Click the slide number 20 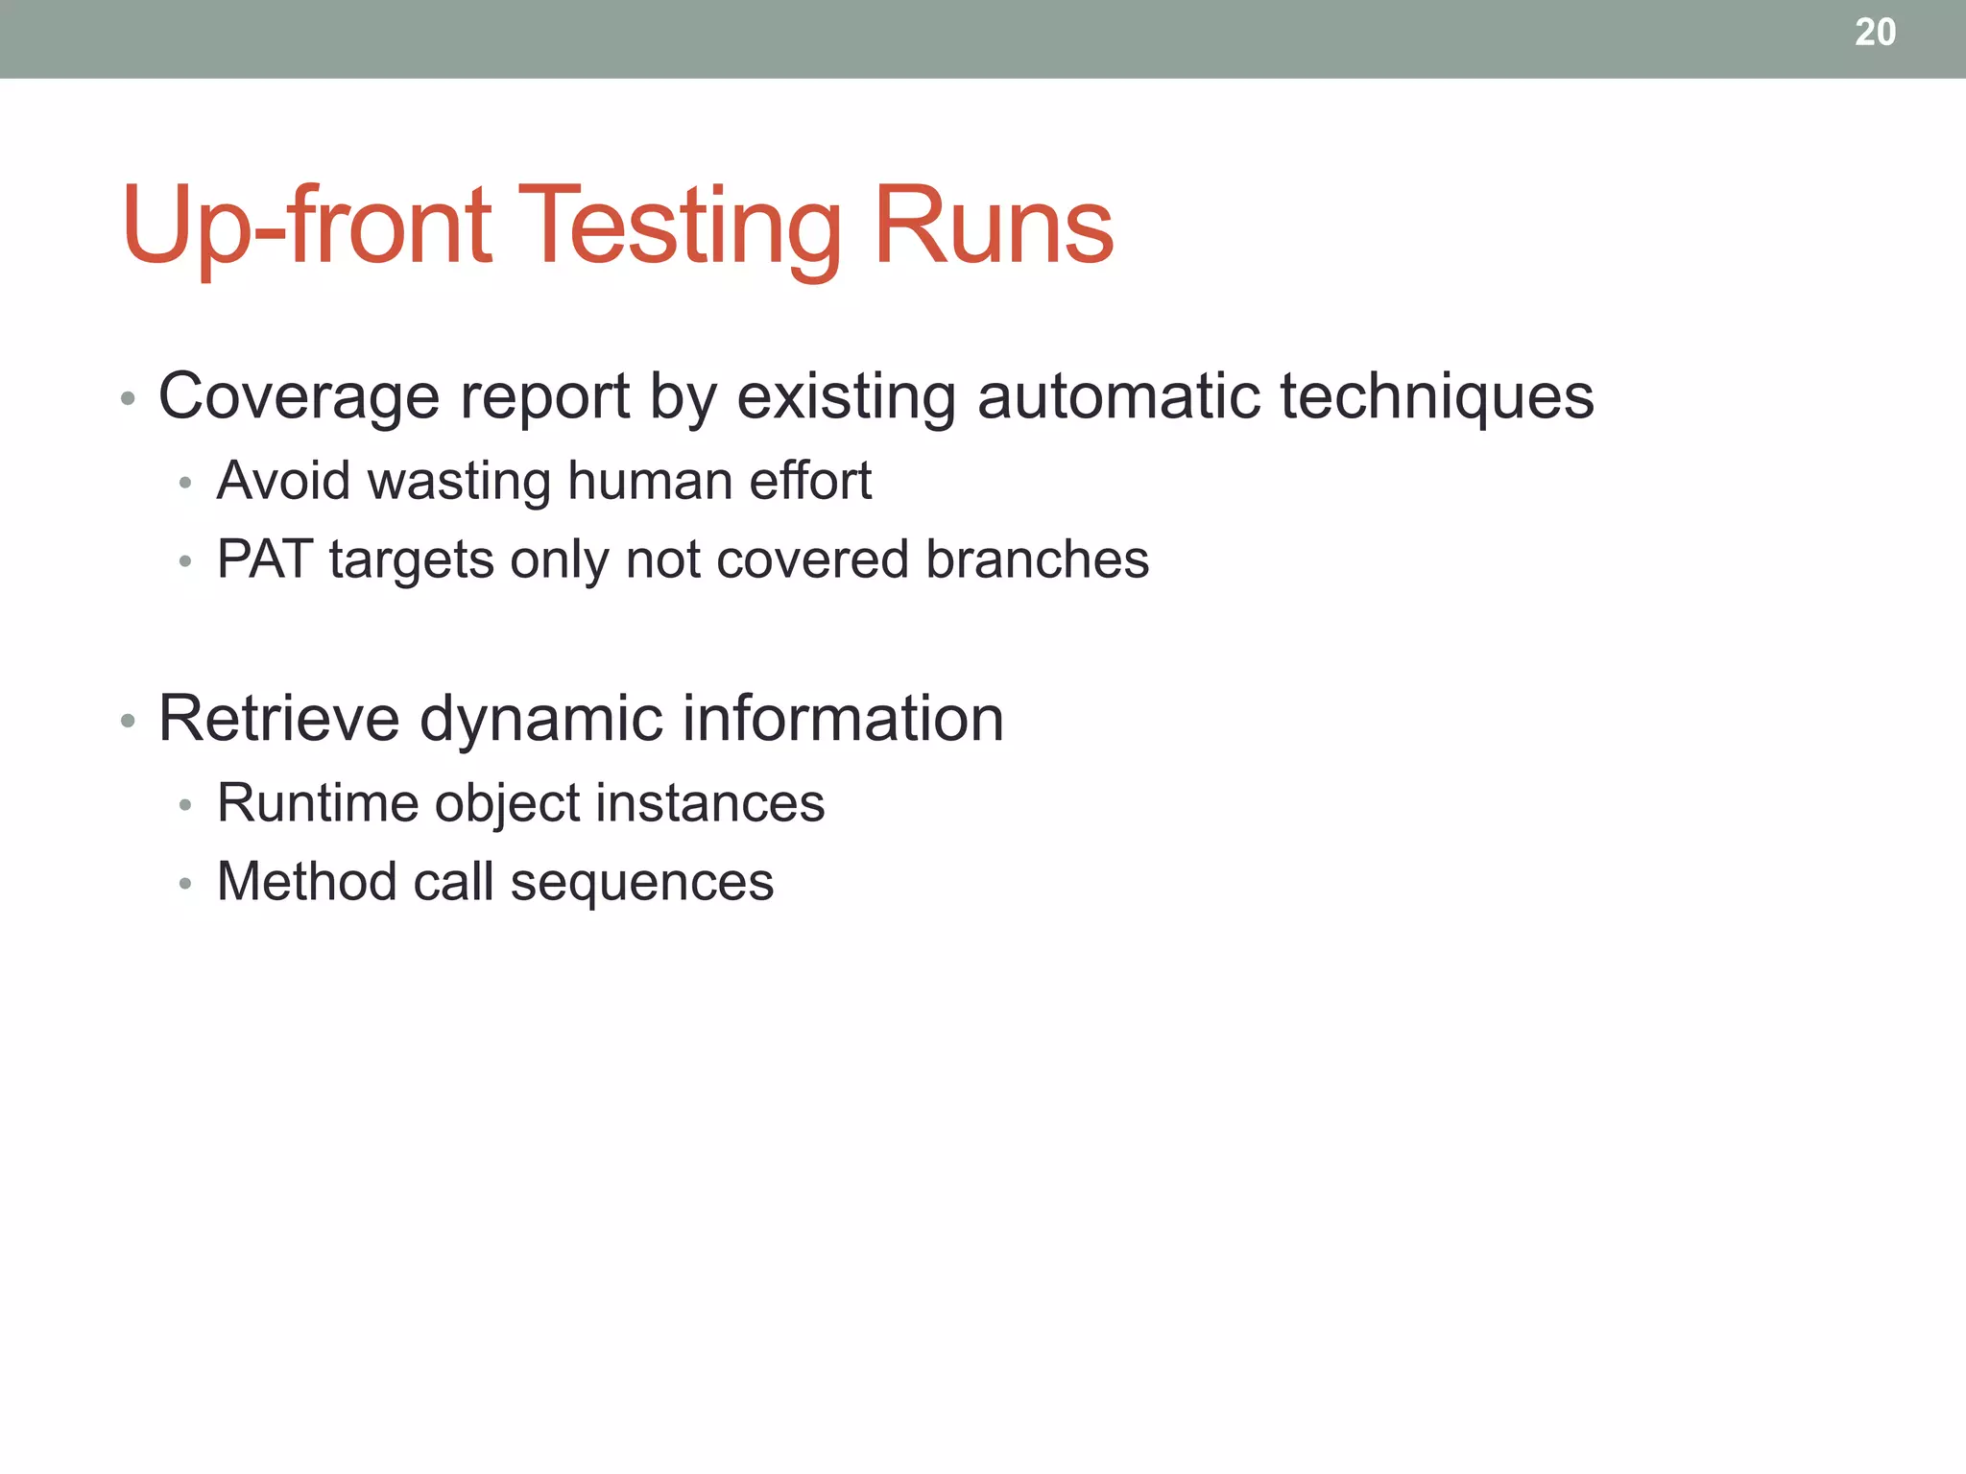click(x=1875, y=33)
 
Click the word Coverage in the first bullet click(x=299, y=396)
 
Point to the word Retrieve click(x=278, y=719)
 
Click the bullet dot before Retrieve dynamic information click(x=128, y=721)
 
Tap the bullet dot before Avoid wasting click(x=185, y=483)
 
